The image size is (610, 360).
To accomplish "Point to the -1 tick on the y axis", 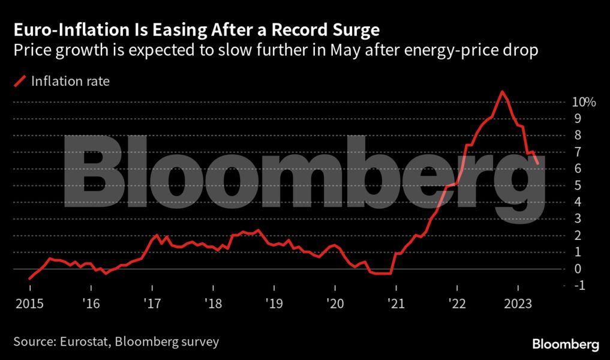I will (579, 286).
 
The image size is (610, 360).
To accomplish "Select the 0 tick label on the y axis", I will (578, 269).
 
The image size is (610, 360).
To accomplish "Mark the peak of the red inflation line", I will (502, 92).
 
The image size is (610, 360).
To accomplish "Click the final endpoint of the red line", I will (538, 163).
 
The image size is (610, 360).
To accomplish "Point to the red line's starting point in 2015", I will (29, 279).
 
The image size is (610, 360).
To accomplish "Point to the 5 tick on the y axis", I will (578, 185).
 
